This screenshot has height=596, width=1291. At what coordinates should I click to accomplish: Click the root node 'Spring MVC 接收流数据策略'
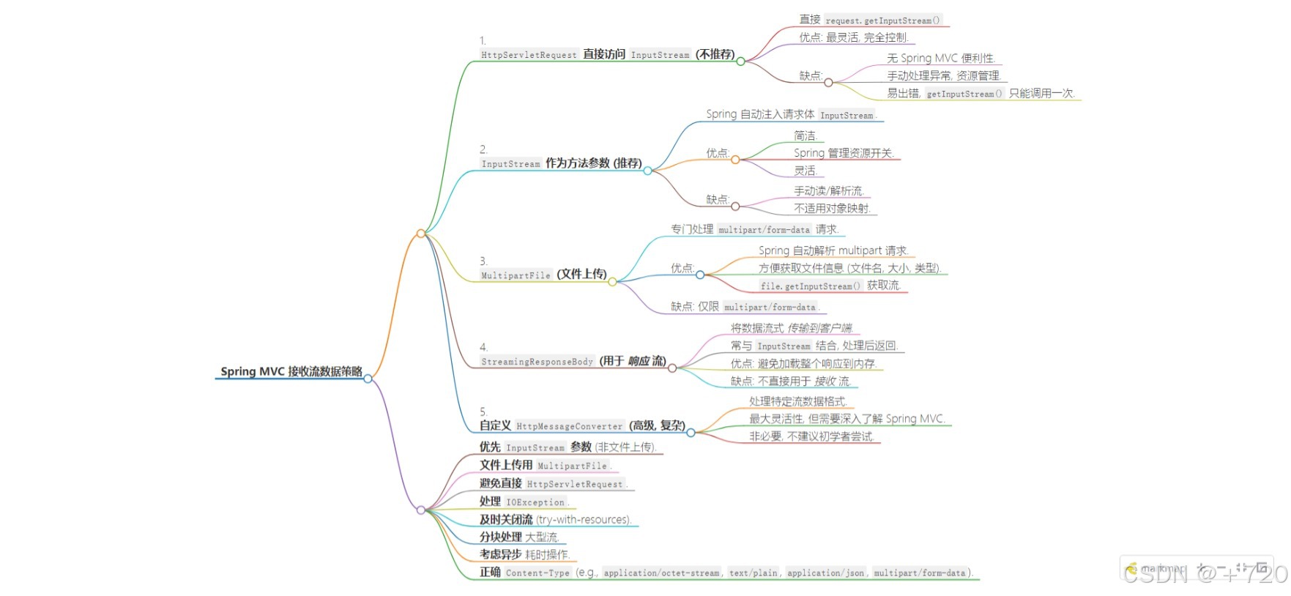tap(291, 371)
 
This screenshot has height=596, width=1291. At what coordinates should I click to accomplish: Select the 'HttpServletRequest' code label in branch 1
tap(529, 55)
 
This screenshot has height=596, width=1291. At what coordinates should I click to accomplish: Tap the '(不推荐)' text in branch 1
tap(715, 54)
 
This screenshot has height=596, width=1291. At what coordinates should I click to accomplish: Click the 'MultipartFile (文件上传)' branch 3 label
tap(543, 275)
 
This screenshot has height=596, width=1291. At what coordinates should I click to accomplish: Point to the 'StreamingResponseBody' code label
tap(537, 362)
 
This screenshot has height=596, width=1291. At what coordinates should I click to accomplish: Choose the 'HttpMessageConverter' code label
tap(569, 426)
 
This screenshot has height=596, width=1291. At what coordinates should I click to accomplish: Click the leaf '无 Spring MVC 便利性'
tap(940, 59)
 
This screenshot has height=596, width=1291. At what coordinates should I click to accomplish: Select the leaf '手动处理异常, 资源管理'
tap(943, 76)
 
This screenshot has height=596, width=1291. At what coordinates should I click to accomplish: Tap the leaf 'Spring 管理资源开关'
tap(843, 153)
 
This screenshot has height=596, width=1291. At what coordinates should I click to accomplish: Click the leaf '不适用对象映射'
tap(832, 209)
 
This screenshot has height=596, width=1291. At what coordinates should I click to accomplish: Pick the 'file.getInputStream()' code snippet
tap(810, 286)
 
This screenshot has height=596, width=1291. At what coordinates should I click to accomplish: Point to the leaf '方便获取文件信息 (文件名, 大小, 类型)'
tap(849, 269)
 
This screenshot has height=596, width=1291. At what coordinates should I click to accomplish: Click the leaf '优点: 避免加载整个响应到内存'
tap(803, 364)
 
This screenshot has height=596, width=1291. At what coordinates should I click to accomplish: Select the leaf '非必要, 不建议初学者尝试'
tap(811, 437)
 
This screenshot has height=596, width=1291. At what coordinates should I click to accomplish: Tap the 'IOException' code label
tap(535, 502)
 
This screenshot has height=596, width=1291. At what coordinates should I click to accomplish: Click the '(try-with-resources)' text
tap(583, 520)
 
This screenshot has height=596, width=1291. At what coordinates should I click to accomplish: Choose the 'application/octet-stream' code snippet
tap(661, 573)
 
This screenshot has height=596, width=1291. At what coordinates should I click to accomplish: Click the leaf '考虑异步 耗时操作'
tap(524, 555)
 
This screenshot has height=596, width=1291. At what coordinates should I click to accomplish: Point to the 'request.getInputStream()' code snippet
tap(882, 21)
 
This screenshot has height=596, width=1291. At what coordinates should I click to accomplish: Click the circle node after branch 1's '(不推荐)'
tap(740, 62)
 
